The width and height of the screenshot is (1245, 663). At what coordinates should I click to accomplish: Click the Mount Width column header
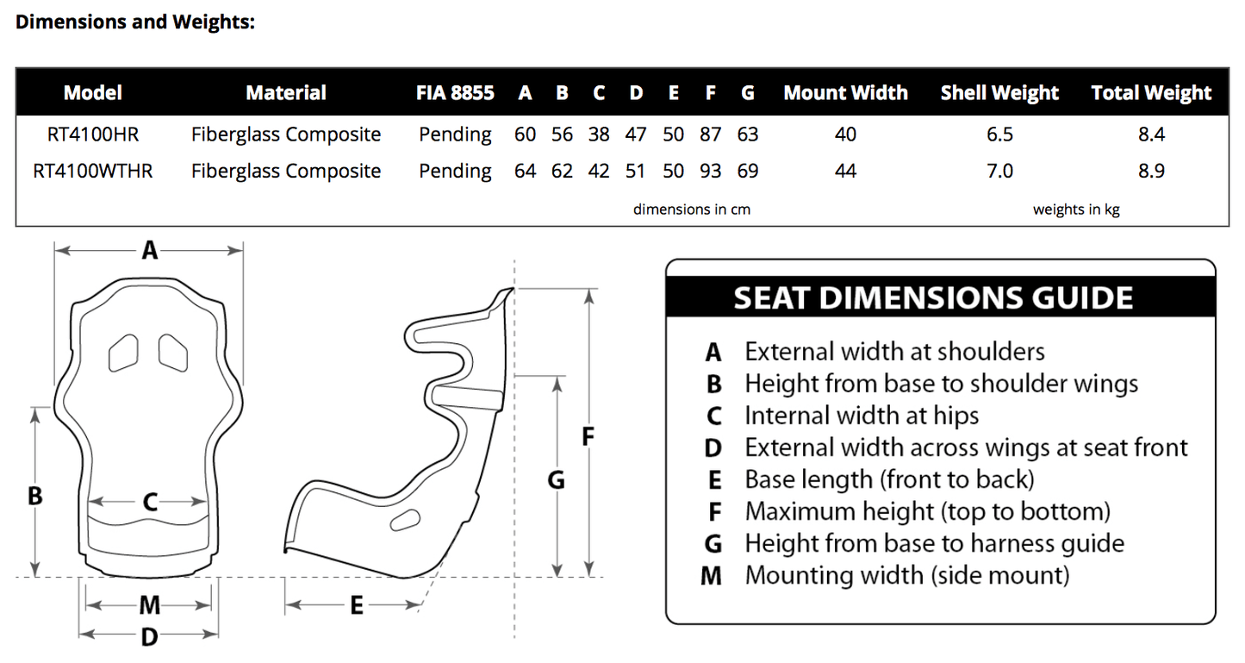(x=845, y=93)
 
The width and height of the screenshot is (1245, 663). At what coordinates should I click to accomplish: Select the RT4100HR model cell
(x=93, y=134)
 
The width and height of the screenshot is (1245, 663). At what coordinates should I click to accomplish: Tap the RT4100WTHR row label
(x=93, y=171)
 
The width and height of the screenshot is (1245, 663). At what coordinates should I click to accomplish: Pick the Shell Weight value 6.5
(x=999, y=134)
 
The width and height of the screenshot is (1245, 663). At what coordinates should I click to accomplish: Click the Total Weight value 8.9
(x=1151, y=171)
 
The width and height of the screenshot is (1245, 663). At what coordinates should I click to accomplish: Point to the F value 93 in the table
(x=710, y=171)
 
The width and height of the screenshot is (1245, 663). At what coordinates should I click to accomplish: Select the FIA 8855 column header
(x=455, y=93)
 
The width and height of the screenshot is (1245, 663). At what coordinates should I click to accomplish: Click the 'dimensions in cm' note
(x=692, y=210)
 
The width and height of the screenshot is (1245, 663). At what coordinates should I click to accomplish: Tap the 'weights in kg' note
(x=1076, y=210)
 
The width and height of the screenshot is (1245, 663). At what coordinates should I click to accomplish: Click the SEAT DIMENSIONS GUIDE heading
(x=933, y=298)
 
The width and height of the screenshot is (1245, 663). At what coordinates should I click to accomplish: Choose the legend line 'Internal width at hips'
(x=862, y=416)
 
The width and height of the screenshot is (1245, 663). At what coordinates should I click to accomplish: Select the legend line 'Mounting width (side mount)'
(x=906, y=574)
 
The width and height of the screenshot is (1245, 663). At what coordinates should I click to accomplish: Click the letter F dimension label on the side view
(x=589, y=436)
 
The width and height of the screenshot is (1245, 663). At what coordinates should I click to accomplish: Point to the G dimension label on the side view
(x=557, y=479)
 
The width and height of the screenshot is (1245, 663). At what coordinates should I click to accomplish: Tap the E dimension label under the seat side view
(x=357, y=606)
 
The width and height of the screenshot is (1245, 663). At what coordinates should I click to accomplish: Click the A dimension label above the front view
(x=150, y=250)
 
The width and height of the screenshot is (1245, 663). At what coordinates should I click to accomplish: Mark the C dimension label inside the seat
(x=150, y=502)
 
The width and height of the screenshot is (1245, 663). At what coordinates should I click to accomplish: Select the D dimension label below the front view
(x=150, y=636)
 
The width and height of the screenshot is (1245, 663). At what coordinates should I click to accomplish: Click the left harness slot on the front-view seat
(x=123, y=351)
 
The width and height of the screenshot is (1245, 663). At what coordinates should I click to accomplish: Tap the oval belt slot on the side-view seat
(x=403, y=520)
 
